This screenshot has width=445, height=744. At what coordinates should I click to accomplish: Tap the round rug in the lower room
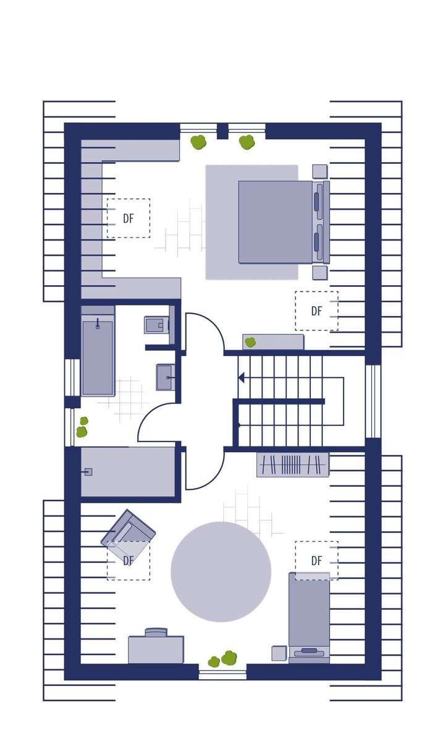point(221,571)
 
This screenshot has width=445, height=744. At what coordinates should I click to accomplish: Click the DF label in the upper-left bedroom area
point(129,218)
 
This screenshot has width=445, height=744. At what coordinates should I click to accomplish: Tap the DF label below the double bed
point(316,311)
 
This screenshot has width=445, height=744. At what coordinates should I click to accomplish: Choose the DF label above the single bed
point(316,561)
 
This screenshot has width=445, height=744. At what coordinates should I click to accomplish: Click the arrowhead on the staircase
point(242,377)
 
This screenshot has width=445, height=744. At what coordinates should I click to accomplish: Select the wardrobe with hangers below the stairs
point(292,464)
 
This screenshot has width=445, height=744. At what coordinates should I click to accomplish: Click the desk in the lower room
point(156,649)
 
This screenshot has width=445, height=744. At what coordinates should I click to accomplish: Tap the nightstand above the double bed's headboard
point(320,171)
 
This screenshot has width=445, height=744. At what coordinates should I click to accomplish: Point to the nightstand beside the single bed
point(279,653)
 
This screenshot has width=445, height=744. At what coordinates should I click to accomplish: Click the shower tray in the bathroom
point(128,472)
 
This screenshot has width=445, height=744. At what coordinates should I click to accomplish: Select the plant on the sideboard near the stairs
point(250,342)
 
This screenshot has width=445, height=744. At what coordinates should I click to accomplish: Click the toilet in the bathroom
point(155,325)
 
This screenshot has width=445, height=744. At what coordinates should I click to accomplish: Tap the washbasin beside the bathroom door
point(164,377)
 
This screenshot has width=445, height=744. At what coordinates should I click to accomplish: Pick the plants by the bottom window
point(223,659)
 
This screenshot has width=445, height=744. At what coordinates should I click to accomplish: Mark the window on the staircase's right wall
point(373,401)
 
